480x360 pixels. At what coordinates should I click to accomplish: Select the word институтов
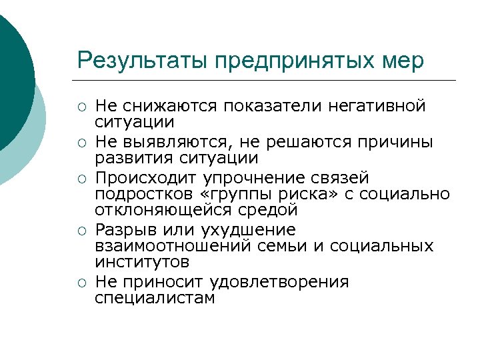click(x=142, y=263)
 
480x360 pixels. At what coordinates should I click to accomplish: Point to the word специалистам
click(x=155, y=298)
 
